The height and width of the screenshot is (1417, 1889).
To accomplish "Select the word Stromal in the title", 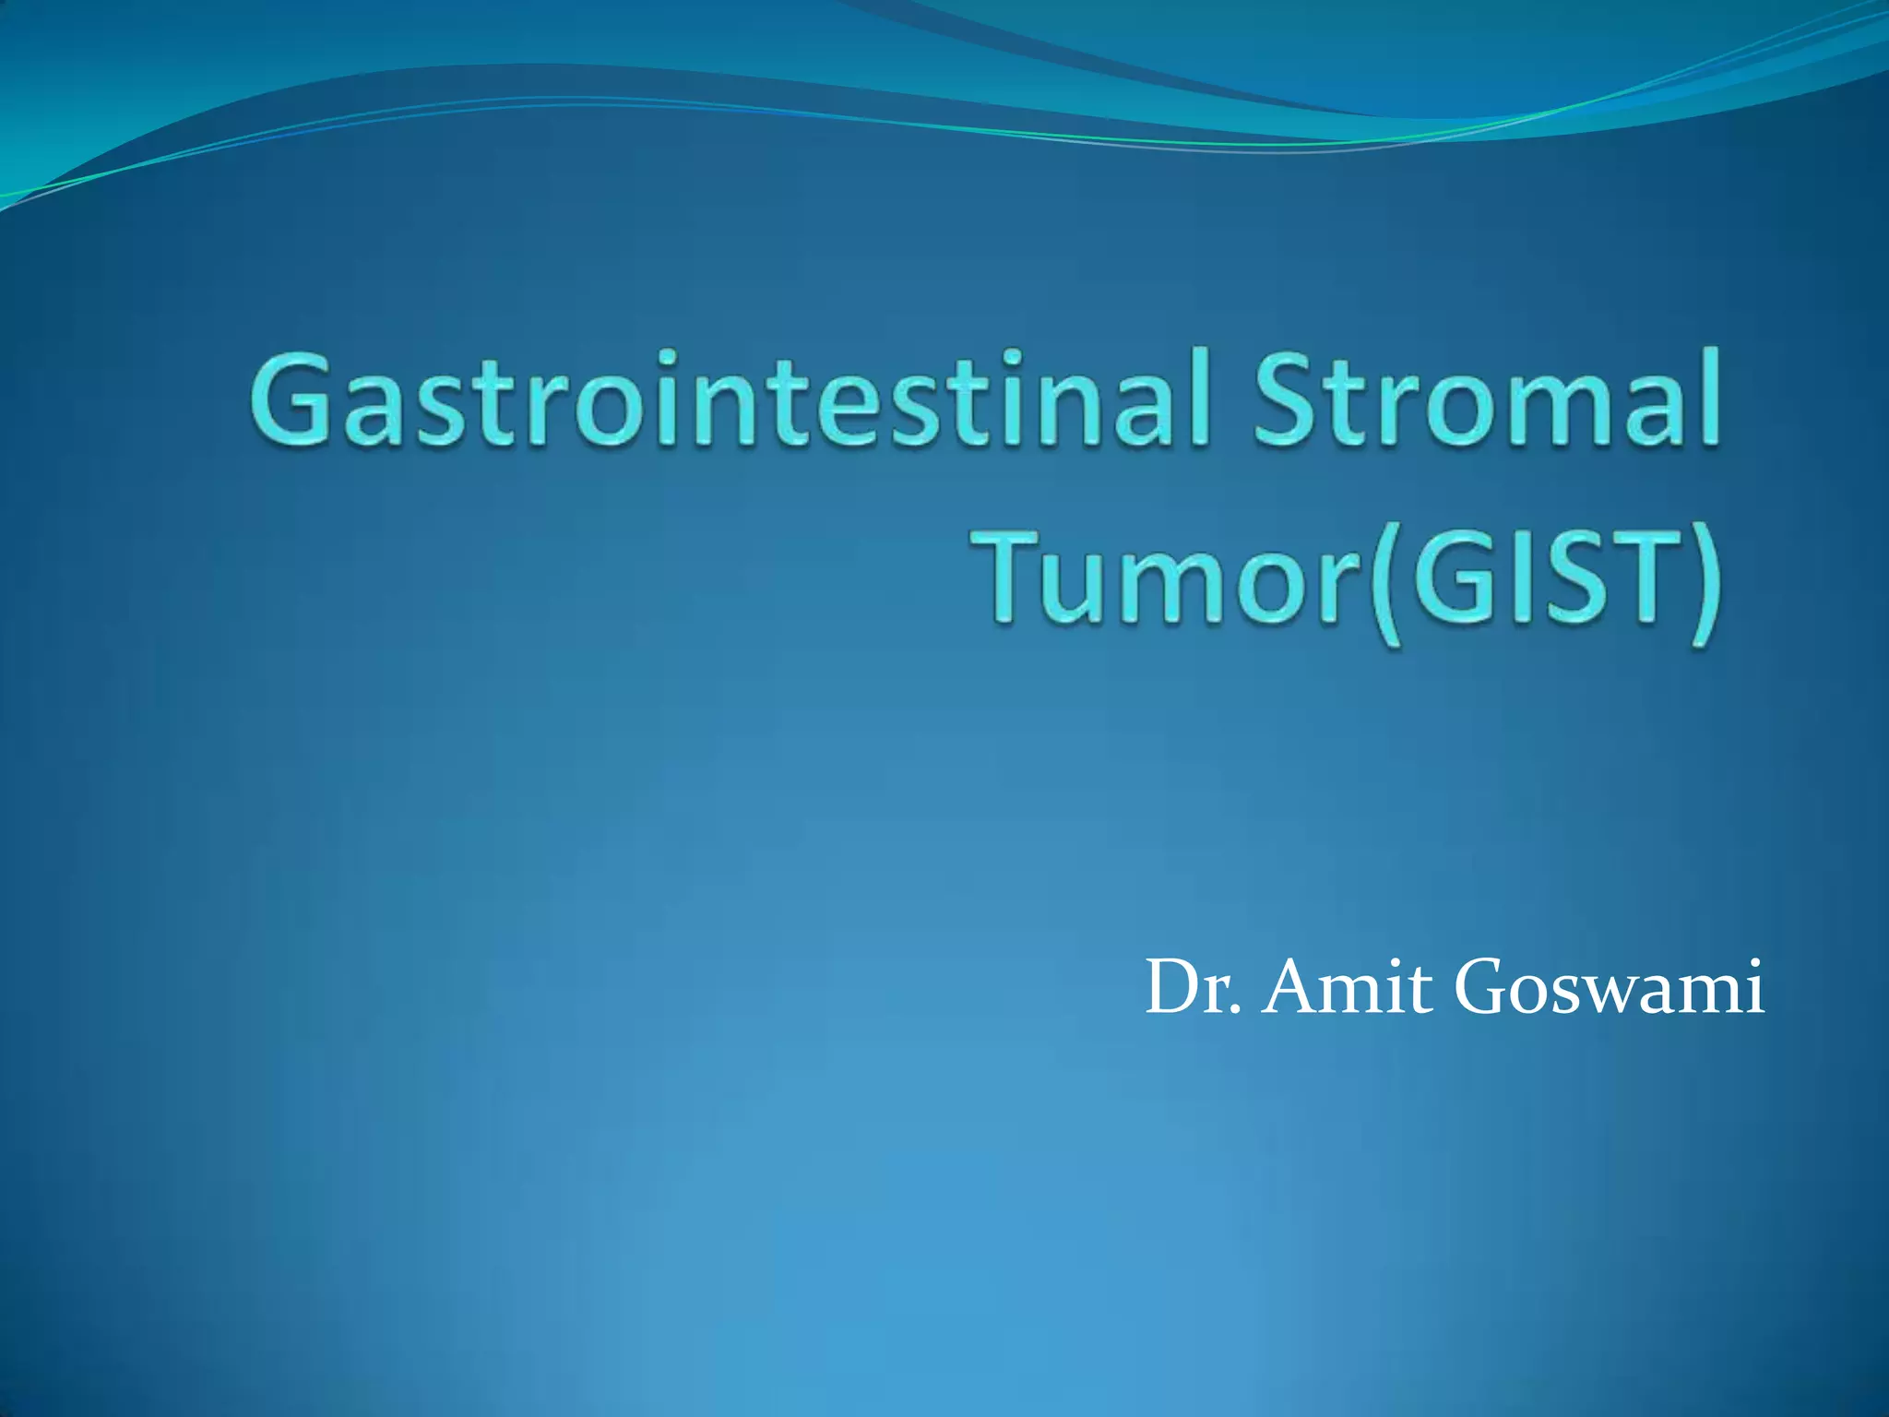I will click(x=1485, y=399).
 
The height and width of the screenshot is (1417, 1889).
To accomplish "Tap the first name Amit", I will click(x=1347, y=987).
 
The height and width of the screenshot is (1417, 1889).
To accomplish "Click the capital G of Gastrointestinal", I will click(x=294, y=399).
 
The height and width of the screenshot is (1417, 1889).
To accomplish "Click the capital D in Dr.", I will click(x=1171, y=987).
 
